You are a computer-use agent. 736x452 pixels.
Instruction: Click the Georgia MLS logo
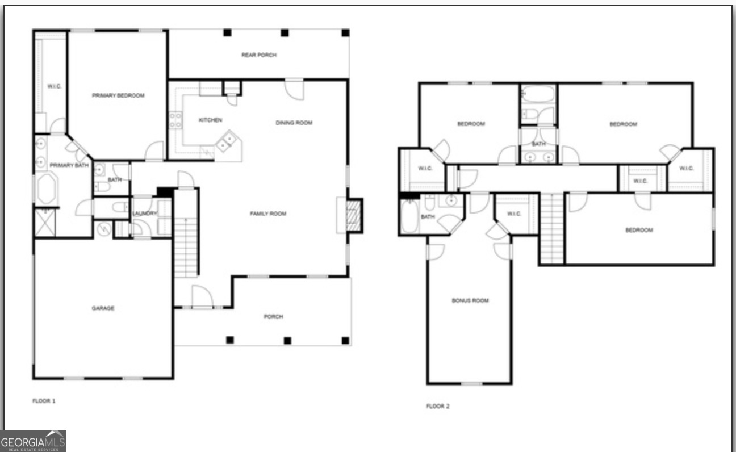click(33, 441)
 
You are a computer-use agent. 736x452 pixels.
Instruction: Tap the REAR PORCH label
click(259, 55)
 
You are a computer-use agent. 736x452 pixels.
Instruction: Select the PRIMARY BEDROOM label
click(118, 95)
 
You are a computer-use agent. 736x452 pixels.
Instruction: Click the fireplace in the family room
click(354, 215)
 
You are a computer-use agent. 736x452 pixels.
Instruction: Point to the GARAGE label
click(103, 308)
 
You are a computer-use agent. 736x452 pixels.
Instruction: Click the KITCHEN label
click(210, 120)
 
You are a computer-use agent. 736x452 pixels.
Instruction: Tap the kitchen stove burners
click(175, 120)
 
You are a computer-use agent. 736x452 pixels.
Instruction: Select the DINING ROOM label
click(294, 122)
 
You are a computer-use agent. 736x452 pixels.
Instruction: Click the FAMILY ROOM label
click(268, 214)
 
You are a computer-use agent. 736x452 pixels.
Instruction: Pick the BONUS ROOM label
click(470, 300)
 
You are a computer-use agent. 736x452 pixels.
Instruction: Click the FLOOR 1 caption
click(44, 401)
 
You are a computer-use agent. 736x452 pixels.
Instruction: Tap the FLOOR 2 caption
click(438, 406)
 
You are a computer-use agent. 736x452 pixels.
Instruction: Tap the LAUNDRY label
click(144, 213)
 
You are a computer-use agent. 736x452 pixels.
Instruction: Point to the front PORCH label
click(273, 316)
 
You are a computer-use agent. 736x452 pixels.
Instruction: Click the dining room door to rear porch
click(294, 89)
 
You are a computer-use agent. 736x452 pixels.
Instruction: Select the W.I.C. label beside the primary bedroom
click(54, 86)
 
